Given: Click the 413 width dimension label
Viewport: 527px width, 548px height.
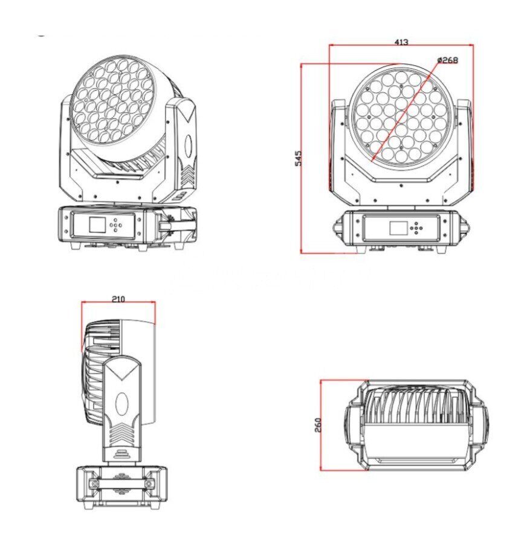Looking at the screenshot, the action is [401, 42].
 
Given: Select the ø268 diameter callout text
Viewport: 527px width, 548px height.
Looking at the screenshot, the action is [448, 60].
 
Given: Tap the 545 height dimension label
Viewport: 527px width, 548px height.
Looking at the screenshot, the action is [298, 158].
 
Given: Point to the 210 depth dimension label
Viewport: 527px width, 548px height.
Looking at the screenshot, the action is [118, 299].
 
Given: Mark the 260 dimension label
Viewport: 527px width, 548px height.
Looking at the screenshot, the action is [318, 425].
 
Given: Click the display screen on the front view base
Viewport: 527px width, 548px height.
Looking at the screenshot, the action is [398, 228].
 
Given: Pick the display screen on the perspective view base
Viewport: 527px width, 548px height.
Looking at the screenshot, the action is [97, 225].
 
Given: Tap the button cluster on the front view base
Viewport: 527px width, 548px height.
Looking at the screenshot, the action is [416, 228].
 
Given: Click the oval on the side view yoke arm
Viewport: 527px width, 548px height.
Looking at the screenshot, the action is [122, 404].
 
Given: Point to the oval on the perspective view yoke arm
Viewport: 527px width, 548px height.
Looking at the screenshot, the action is [189, 145].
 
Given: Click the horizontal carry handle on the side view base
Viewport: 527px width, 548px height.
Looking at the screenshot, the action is [121, 483].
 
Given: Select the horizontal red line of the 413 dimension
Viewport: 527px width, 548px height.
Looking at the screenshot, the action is [401, 45].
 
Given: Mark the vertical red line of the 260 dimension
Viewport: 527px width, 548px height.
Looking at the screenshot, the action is [320, 425].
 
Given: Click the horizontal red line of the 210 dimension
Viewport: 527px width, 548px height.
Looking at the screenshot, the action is [118, 302].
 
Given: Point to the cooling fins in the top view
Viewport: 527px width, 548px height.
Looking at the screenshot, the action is [416, 406].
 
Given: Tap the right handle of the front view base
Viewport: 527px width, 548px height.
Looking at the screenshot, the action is [462, 226].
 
